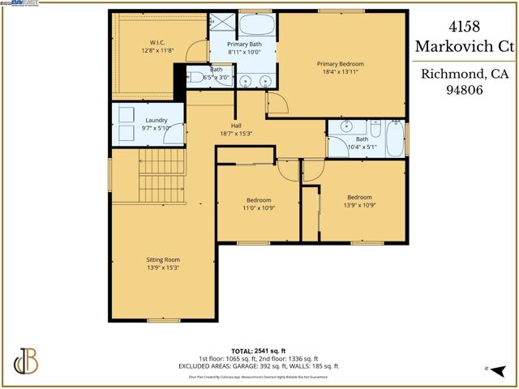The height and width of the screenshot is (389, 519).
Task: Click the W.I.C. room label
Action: pos(157,42)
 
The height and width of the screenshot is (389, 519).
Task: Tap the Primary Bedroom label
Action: pos(341,63)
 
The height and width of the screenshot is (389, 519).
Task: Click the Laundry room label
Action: pos(134,120)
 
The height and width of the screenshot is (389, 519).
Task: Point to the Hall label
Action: pos(236,125)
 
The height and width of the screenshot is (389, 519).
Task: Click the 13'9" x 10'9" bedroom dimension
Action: pos(359,206)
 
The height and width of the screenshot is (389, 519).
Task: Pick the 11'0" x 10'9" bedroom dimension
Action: pos(259,208)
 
